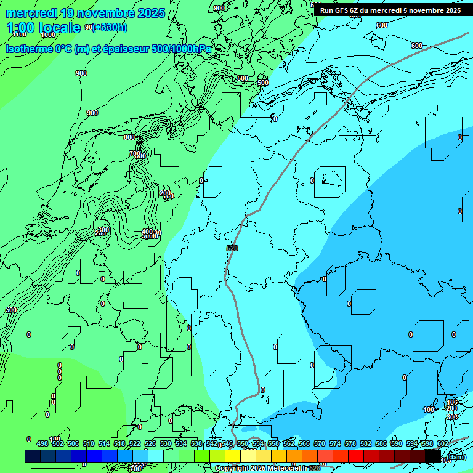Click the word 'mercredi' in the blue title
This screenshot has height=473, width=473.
click(x=31, y=13)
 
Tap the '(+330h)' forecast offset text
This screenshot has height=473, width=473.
click(x=110, y=27)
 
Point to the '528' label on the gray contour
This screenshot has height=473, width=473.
click(x=232, y=248)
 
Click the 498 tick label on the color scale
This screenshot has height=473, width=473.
click(x=42, y=443)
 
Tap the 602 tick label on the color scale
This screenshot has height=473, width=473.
click(x=442, y=443)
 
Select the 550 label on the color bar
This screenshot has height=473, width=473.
click(x=242, y=443)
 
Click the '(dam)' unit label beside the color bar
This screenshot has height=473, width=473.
click(x=456, y=456)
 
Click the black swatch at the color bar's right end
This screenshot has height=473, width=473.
click(x=433, y=456)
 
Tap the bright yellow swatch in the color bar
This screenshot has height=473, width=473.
click(x=233, y=456)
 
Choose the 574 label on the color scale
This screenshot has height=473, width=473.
click(x=334, y=443)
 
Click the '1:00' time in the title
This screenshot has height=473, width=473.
click(x=20, y=28)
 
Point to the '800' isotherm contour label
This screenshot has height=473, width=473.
click(x=129, y=137)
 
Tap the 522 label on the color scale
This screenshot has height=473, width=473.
click(x=134, y=443)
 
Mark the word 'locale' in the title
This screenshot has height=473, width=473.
click(x=60, y=28)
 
